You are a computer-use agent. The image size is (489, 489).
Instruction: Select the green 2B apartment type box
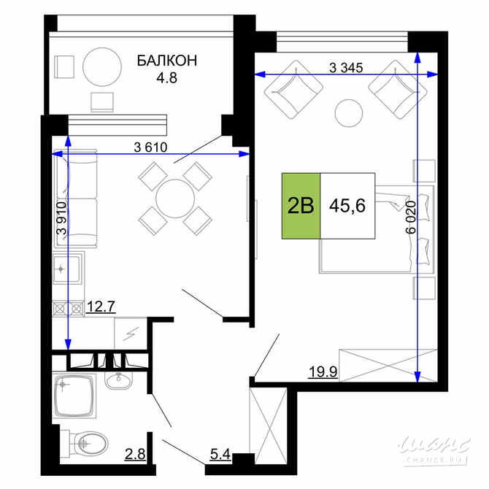[x=301, y=205]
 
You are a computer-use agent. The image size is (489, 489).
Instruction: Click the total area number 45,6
[x=347, y=205]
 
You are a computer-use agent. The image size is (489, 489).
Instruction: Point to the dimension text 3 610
[x=151, y=146]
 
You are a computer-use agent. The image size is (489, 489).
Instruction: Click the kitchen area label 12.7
[x=101, y=307]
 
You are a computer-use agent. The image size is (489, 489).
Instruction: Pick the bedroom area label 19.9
[x=323, y=373]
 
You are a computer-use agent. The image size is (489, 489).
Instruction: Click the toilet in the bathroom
[x=89, y=442]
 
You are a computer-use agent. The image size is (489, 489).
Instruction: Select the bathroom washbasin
[x=117, y=380]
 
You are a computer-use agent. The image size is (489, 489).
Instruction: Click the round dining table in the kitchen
[x=175, y=198]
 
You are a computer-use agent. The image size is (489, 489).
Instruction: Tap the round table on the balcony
[x=102, y=68]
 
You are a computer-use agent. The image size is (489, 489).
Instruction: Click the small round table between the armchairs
[x=349, y=112]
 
